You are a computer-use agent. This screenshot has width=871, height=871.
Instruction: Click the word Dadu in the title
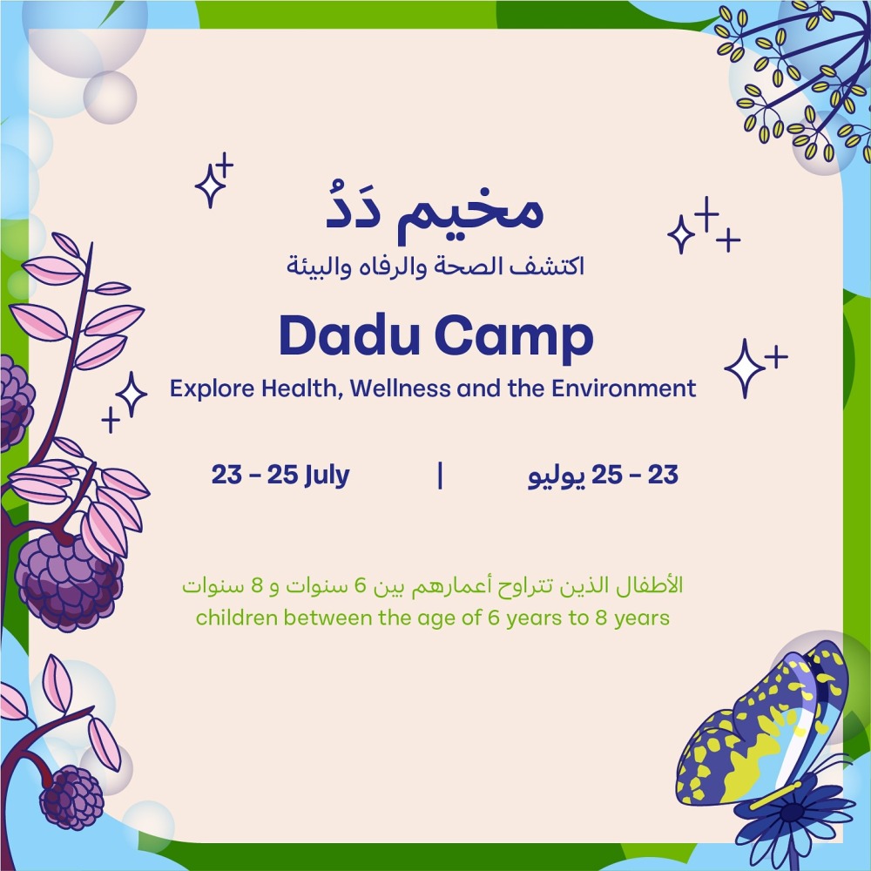point(349,335)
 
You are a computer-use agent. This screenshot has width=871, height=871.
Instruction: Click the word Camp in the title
point(515,338)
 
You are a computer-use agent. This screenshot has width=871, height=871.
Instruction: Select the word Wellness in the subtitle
point(400,388)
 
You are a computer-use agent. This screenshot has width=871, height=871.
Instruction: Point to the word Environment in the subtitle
point(624,388)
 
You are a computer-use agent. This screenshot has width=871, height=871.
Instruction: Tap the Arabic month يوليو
point(557,477)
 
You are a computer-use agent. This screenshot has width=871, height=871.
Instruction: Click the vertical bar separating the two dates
point(440,476)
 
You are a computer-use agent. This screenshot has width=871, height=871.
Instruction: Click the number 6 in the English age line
point(494,618)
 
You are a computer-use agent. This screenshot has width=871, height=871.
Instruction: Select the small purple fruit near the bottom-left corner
point(71,798)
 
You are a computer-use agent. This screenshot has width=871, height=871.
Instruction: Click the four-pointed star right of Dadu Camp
point(745,368)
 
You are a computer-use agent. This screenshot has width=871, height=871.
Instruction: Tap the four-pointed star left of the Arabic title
point(210,186)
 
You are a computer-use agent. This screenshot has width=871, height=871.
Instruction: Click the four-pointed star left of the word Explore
point(132,395)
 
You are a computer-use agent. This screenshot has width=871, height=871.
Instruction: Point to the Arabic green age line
point(433,586)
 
